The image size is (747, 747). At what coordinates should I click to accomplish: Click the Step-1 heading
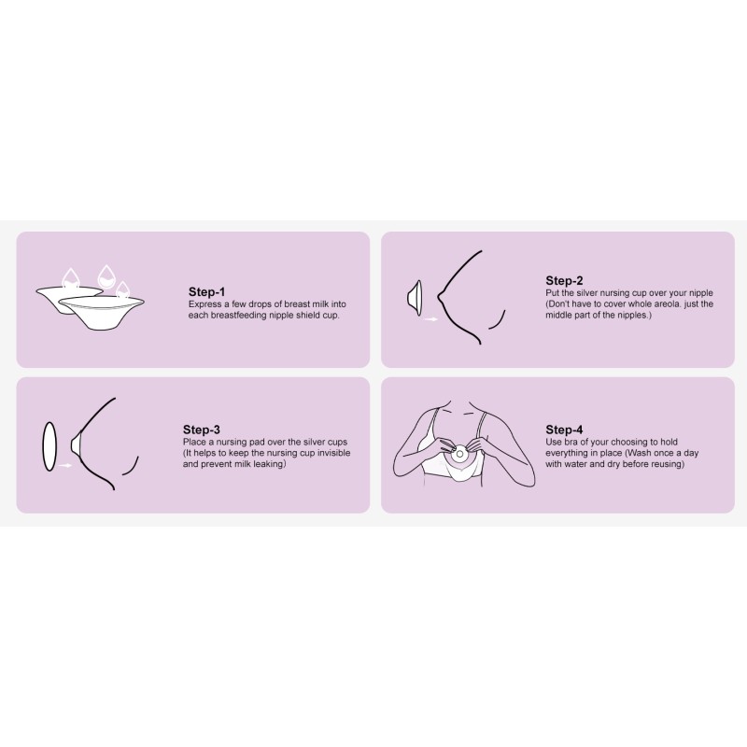click(206, 291)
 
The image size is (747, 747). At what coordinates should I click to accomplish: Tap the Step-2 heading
click(564, 280)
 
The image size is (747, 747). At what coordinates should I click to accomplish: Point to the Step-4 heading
click(564, 430)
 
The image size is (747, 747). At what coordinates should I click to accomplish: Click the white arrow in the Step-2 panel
click(430, 319)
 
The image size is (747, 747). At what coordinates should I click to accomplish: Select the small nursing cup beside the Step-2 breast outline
click(412, 298)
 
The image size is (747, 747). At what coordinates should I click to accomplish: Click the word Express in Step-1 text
click(205, 304)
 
